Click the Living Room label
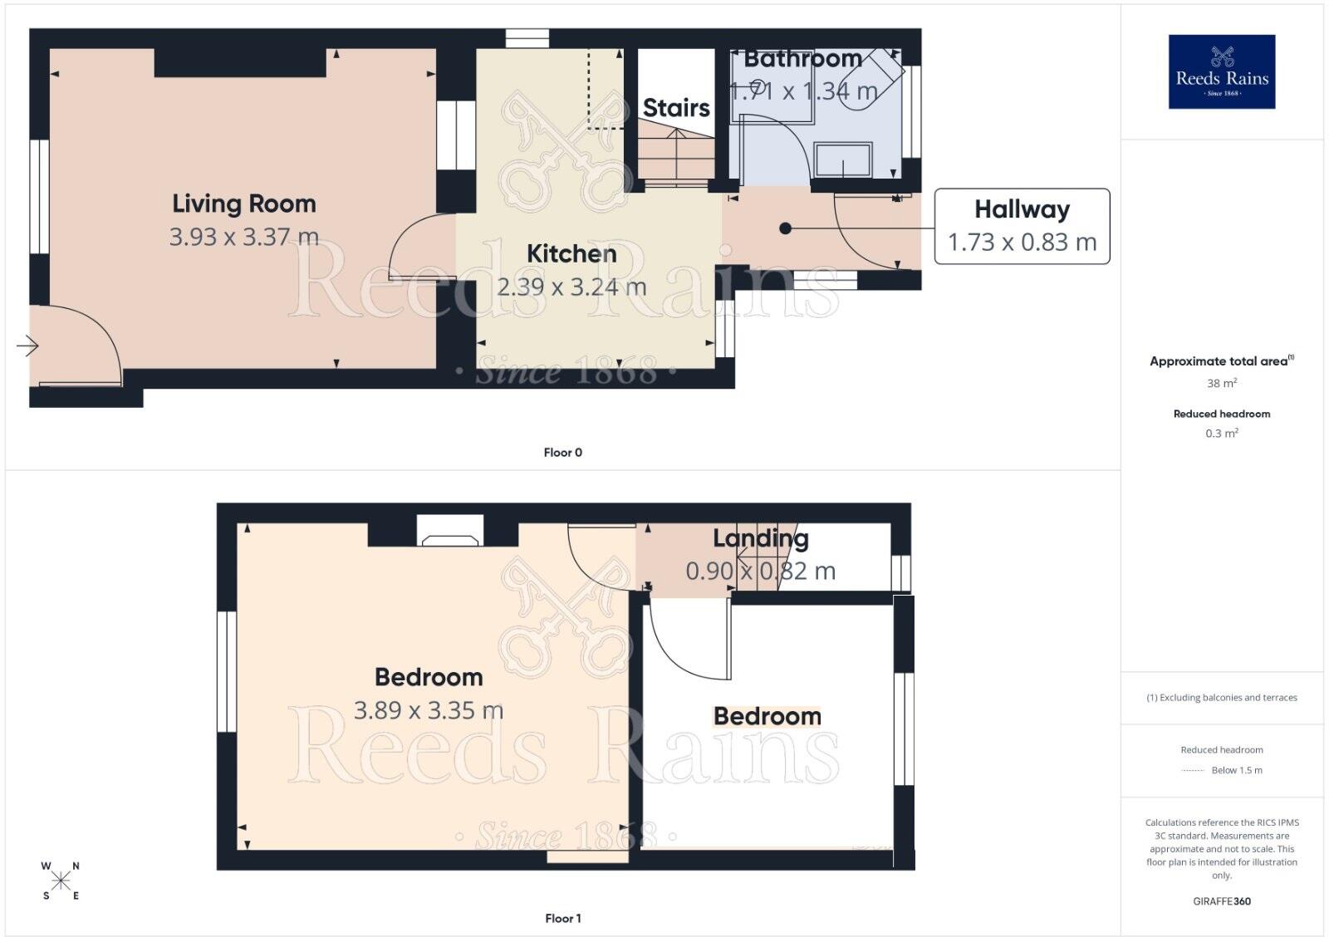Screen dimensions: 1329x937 [x=244, y=204]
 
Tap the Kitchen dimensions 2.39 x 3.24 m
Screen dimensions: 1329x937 [x=571, y=287]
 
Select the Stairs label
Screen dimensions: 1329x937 [x=676, y=108]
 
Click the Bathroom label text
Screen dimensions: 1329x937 [x=802, y=59]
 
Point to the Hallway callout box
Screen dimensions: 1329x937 [x=1022, y=226]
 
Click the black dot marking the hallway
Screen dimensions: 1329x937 [x=785, y=228]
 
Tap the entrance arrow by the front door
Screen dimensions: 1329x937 [x=27, y=346]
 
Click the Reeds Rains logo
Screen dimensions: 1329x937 [x=1222, y=71]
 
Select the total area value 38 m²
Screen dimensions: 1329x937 [x=1222, y=383]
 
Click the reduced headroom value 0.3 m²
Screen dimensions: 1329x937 [x=1222, y=433]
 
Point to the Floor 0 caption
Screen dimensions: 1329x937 [x=562, y=452]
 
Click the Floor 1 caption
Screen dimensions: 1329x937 [x=562, y=918]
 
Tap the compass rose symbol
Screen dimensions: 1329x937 [x=61, y=881]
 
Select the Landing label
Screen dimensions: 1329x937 [x=761, y=538]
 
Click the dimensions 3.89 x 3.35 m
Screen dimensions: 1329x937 [x=429, y=710]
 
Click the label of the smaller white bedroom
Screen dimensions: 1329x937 [x=767, y=716]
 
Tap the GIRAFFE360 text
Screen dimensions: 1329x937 [x=1222, y=901]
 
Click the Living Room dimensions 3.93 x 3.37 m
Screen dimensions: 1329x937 [x=244, y=237]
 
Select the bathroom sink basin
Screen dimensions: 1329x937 [x=842, y=159]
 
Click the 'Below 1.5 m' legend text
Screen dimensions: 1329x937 [x=1237, y=770]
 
